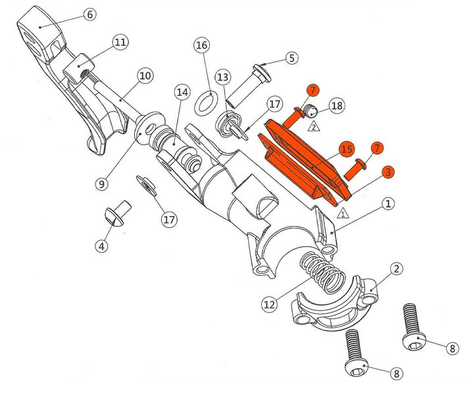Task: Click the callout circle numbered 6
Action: click(x=90, y=14)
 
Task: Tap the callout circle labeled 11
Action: click(x=120, y=41)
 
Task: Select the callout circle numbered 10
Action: click(x=145, y=76)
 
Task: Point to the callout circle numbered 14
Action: click(x=182, y=92)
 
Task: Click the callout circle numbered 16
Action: click(x=201, y=45)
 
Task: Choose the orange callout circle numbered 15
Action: click(x=347, y=149)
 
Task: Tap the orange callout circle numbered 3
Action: click(x=388, y=173)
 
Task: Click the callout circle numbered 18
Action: click(x=337, y=106)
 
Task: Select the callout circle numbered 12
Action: click(x=269, y=304)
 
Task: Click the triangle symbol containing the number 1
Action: click(x=343, y=214)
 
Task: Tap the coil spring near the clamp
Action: click(x=322, y=273)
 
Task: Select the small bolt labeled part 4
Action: click(x=118, y=213)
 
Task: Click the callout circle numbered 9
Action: click(x=101, y=183)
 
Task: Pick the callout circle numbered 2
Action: click(x=397, y=269)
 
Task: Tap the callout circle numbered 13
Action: click(x=223, y=77)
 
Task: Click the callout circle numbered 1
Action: click(x=388, y=204)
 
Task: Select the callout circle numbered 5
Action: click(x=292, y=58)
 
